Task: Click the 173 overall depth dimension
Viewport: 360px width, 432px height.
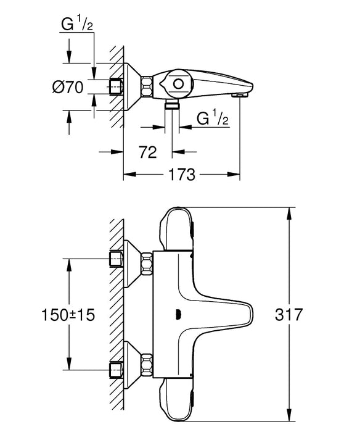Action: pos(182,175)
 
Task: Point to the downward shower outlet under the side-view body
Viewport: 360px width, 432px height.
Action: pos(171,106)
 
